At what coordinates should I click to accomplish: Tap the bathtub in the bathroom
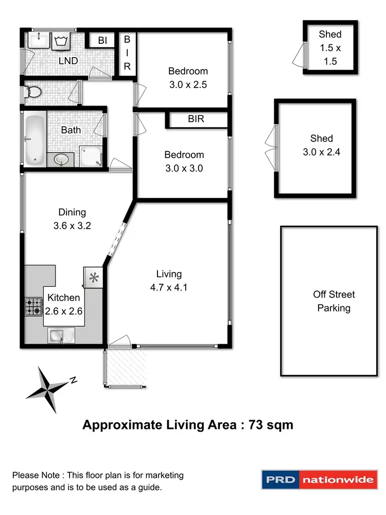34,140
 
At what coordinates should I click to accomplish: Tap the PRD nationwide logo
319,480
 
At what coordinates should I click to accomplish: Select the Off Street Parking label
334,301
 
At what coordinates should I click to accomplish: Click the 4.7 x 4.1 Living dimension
169,287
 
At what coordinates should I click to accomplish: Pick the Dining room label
72,212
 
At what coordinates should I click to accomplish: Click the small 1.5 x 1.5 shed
330,48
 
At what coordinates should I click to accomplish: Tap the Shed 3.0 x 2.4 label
321,145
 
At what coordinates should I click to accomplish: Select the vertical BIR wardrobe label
127,53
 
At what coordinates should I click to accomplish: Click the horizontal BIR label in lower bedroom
196,119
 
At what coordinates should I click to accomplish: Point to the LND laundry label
68,61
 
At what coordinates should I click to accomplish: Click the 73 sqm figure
271,425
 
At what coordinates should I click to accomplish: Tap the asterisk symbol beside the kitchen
94,279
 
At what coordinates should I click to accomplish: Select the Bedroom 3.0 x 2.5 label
188,78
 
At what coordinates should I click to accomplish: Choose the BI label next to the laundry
102,40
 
